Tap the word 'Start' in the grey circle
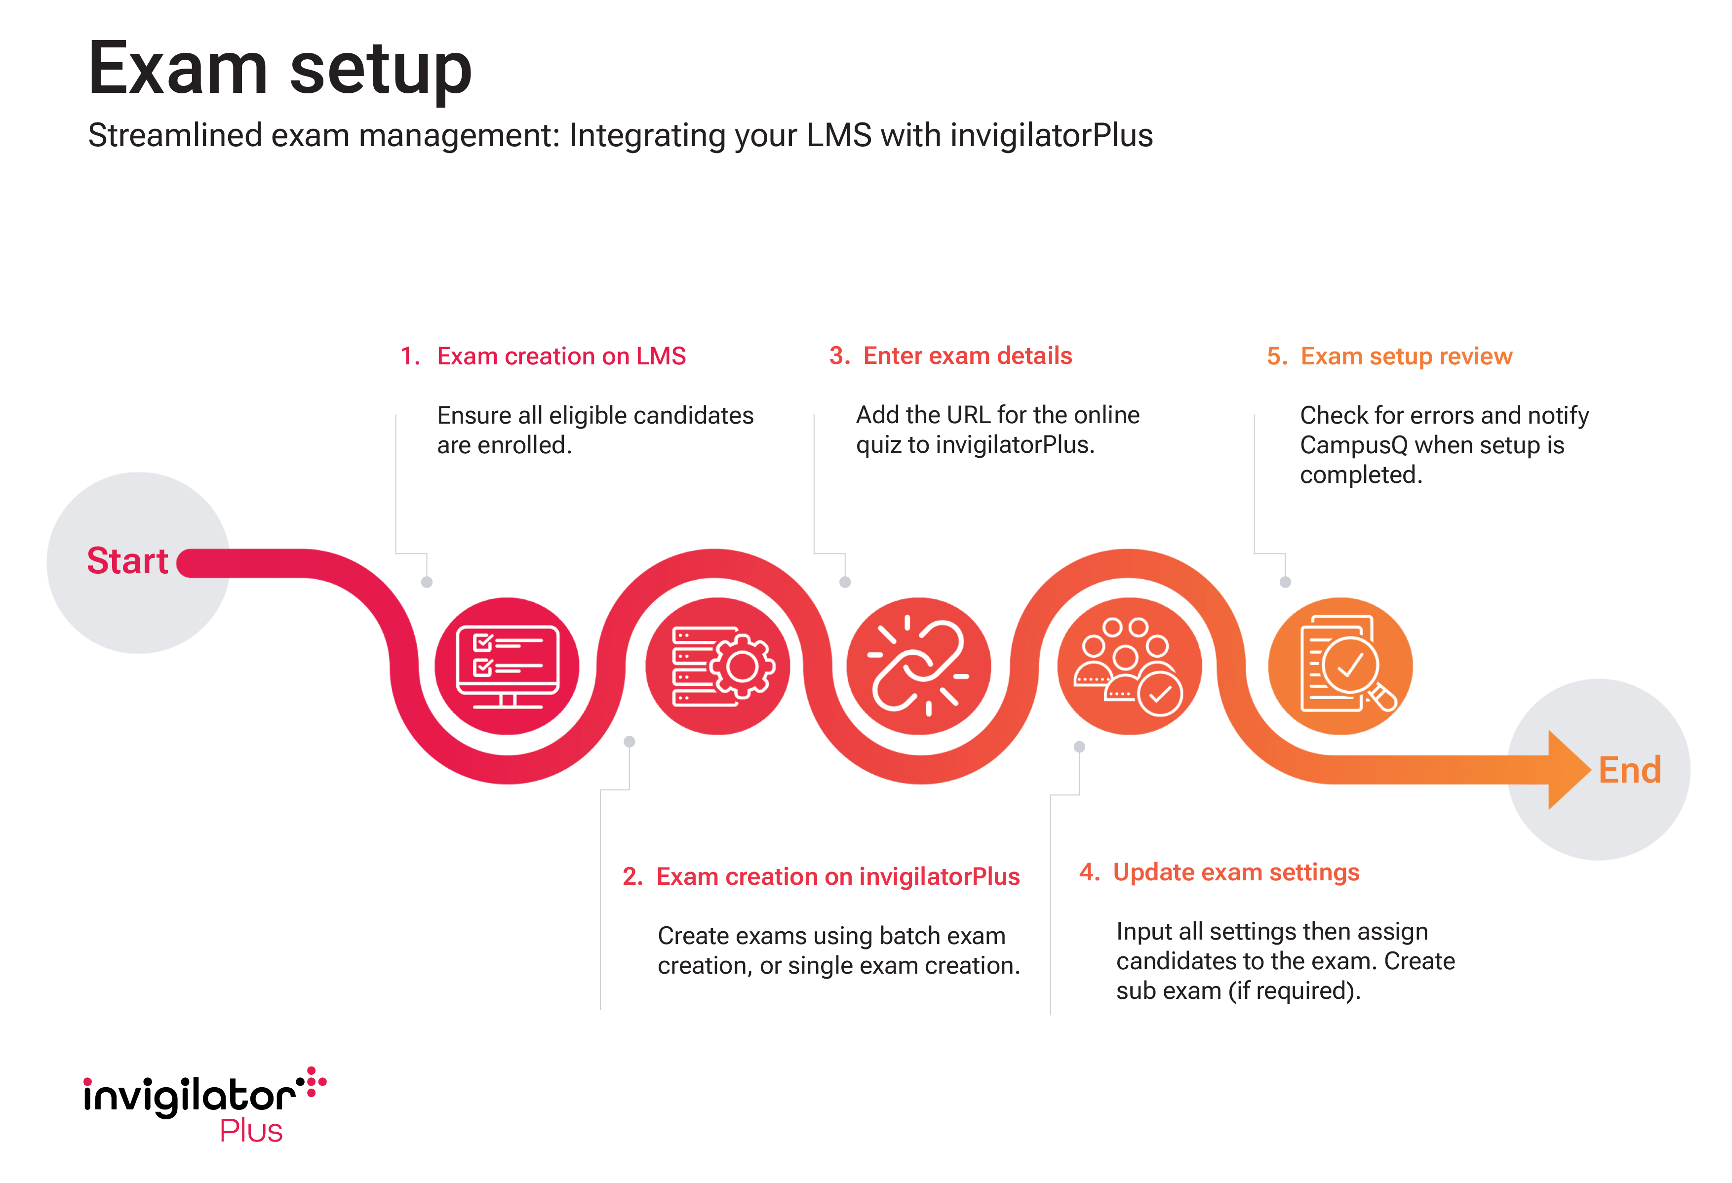[127, 560]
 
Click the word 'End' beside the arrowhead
[1629, 770]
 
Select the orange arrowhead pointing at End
[1567, 770]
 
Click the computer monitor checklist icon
[507, 666]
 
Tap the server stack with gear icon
[718, 666]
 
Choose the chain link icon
[918, 666]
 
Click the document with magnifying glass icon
[1340, 666]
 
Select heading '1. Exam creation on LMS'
[543, 356]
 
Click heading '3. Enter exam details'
[950, 355]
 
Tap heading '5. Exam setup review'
[1389, 356]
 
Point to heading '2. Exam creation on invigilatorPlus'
[821, 876]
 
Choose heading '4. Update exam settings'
[1219, 872]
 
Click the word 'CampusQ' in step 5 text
[1353, 445]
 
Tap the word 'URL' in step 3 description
[968, 414]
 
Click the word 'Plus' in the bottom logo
[251, 1131]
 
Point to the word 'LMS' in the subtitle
[838, 136]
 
